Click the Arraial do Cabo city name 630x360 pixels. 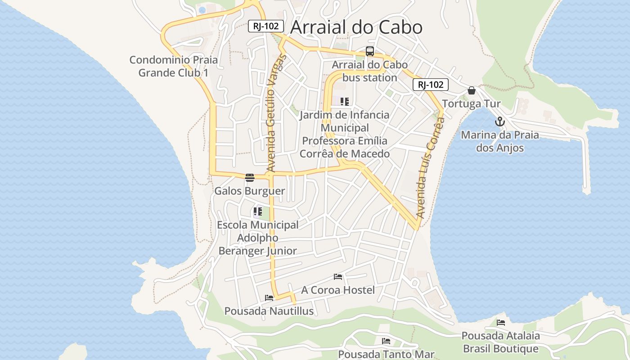[x=356, y=27]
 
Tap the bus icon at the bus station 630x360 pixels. [x=369, y=51]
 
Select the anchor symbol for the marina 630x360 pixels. [x=499, y=121]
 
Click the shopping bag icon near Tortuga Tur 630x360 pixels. [x=471, y=90]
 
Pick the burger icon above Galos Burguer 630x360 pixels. [x=250, y=177]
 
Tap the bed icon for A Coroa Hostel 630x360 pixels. [x=338, y=276]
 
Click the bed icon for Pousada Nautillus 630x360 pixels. [x=269, y=297]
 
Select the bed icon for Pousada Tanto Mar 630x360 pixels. [x=386, y=341]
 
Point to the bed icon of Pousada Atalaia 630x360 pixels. [x=500, y=322]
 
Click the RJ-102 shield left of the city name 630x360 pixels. [x=266, y=26]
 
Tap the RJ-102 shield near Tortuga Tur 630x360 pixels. [x=431, y=85]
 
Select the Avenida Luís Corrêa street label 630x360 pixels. [x=430, y=168]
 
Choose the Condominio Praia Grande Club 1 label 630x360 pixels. [x=173, y=66]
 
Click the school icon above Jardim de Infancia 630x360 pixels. [x=345, y=102]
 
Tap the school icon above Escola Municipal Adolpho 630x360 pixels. [x=257, y=211]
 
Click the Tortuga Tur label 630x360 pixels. [x=471, y=104]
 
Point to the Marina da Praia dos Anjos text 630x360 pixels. [x=499, y=141]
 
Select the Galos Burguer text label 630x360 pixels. [x=249, y=191]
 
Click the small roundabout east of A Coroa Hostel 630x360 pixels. [x=415, y=283]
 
